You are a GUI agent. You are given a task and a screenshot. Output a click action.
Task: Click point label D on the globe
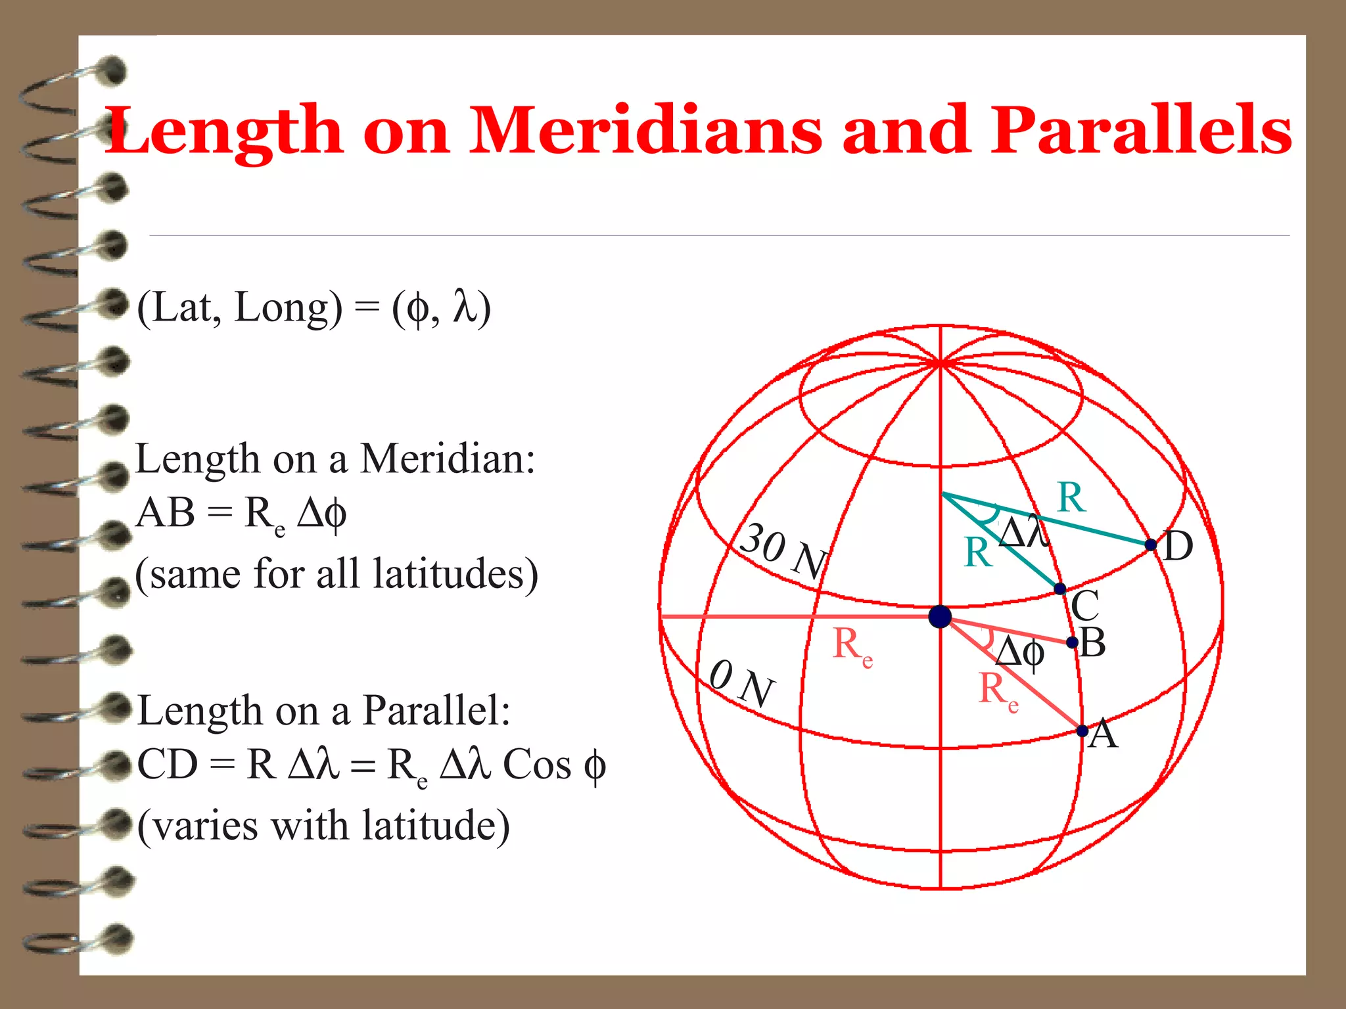pos(1178,547)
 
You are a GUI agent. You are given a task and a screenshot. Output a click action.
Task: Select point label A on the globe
pos(1103,734)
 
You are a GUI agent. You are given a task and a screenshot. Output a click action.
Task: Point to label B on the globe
pos(1092,642)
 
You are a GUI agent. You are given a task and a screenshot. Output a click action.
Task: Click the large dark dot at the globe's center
pos(940,617)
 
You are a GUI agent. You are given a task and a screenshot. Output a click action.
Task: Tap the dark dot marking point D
pos(1151,545)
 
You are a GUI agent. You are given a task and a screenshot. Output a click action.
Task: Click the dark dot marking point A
pos(1082,730)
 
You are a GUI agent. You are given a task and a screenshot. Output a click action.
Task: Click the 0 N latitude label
pos(741,683)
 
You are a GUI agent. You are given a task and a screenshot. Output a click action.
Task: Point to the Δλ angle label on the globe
pos(1024,531)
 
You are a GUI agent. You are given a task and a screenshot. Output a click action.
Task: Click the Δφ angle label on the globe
pos(1019,653)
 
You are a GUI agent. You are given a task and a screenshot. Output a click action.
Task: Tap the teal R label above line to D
pos(1071,497)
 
